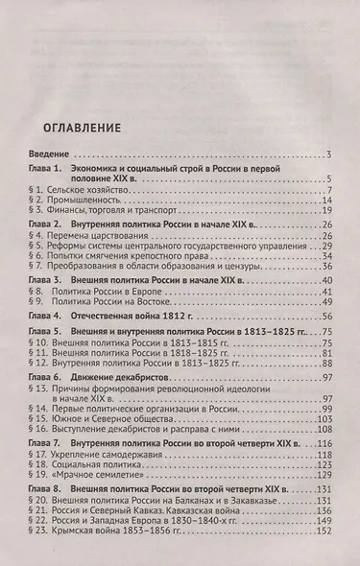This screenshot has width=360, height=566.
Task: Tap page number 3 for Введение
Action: [x=327, y=155]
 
